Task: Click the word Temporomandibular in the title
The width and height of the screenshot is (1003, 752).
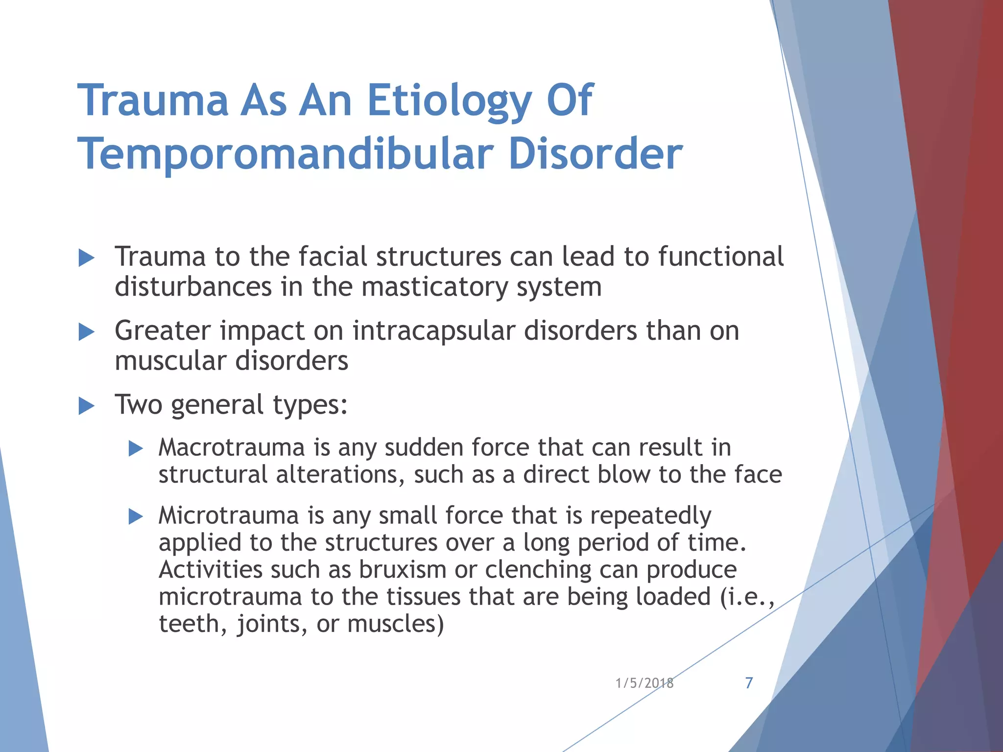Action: coord(285,154)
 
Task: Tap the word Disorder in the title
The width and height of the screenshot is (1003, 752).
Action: coord(595,154)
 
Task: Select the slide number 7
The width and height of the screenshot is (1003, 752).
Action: coord(749,683)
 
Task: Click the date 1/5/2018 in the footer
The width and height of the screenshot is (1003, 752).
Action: coord(644,683)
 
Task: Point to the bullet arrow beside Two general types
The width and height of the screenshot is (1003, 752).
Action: coord(86,406)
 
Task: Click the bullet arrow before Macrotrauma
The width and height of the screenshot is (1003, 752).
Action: coord(135,448)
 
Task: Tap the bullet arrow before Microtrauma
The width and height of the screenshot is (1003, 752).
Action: coord(135,517)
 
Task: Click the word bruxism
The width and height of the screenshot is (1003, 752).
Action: coord(403,570)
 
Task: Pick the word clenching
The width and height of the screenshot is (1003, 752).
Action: coord(538,570)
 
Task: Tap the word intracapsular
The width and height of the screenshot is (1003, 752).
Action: coord(433,331)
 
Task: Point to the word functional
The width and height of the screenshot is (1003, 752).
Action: coord(720,257)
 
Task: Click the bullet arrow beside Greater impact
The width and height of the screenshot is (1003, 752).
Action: coord(86,332)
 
